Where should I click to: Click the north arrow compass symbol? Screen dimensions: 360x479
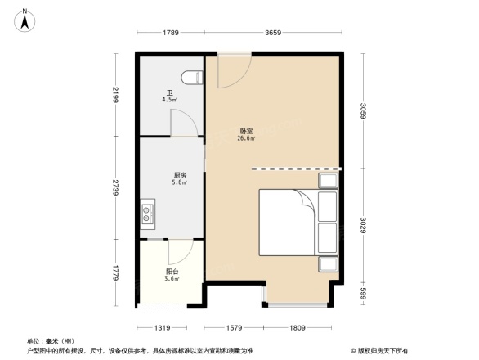click(25, 19)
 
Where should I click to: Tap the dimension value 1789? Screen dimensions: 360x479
click(170, 33)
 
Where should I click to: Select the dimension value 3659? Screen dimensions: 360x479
click(273, 33)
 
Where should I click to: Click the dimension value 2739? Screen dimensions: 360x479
click(117, 188)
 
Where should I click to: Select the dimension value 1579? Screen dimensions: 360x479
click(235, 327)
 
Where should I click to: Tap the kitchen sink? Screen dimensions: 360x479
click(148, 214)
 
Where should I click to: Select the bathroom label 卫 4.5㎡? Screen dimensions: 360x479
click(170, 97)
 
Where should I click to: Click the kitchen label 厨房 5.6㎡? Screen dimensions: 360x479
click(180, 179)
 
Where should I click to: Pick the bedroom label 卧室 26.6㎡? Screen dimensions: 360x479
click(246, 135)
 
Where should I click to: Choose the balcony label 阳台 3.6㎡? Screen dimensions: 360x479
click(172, 275)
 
